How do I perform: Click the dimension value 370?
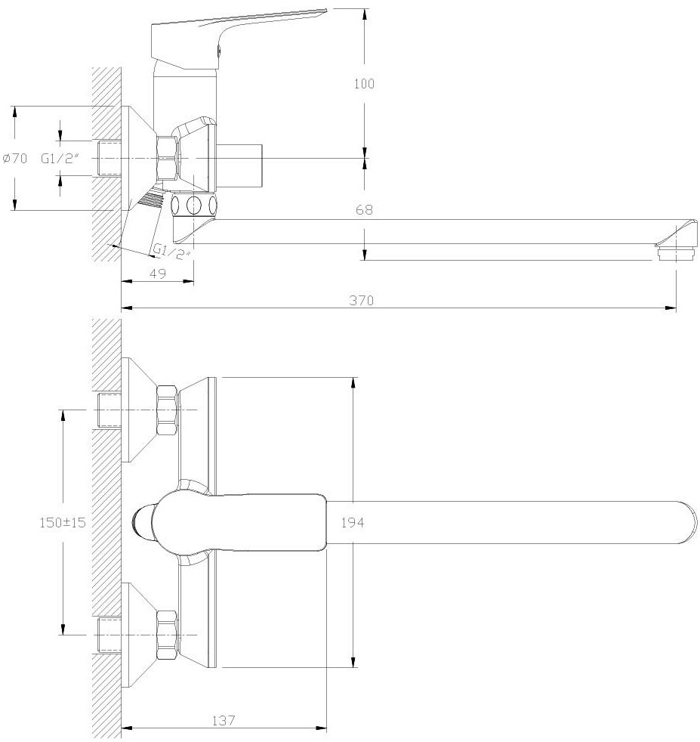[x=362, y=300]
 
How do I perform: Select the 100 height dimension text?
[x=364, y=84]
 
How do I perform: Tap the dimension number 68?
[x=364, y=209]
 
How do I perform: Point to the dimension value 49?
[x=158, y=273]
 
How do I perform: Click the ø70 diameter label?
[x=15, y=158]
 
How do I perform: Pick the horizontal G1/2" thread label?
[x=59, y=158]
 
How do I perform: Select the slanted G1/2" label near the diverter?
[x=171, y=251]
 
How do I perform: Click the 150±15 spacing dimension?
[x=63, y=522]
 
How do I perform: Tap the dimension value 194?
[x=353, y=522]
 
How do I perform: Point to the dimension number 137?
[x=224, y=721]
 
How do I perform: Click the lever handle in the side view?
[x=236, y=38]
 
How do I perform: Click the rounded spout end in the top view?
[x=686, y=522]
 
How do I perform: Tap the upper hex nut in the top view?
[x=168, y=410]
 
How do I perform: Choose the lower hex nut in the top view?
[x=168, y=635]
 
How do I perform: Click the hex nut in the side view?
[x=168, y=158]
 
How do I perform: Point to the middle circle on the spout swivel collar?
[x=194, y=206]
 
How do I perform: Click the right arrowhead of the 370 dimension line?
[x=671, y=308]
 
